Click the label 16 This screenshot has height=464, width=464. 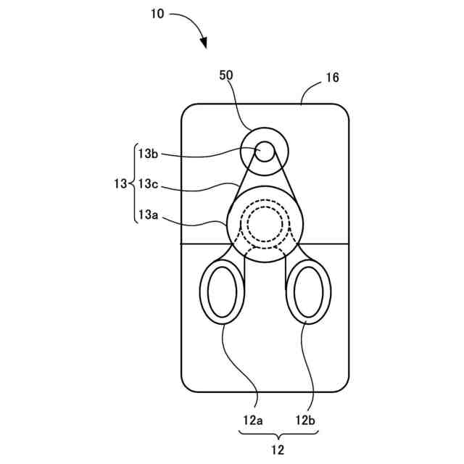333,78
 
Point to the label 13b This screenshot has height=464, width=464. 149,153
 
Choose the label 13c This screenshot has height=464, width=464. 149,183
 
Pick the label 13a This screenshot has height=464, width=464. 149,214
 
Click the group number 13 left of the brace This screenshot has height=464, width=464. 120,183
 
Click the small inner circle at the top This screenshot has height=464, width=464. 264,151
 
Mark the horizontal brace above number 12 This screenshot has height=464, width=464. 278,436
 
